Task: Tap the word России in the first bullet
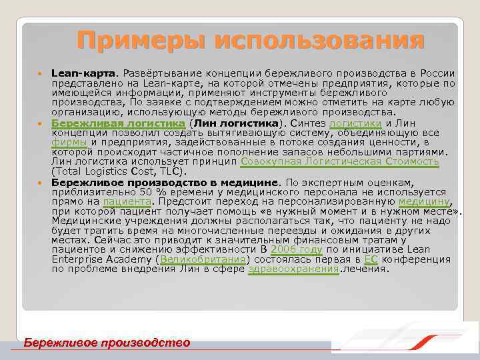(x=437, y=73)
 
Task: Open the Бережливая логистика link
(x=117, y=123)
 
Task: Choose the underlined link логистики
(x=355, y=123)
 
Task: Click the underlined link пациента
(x=127, y=201)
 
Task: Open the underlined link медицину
(x=424, y=201)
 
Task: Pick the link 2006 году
(x=297, y=249)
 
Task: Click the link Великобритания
(x=203, y=259)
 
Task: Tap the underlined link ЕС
(x=371, y=259)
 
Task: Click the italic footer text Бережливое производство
(x=107, y=343)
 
